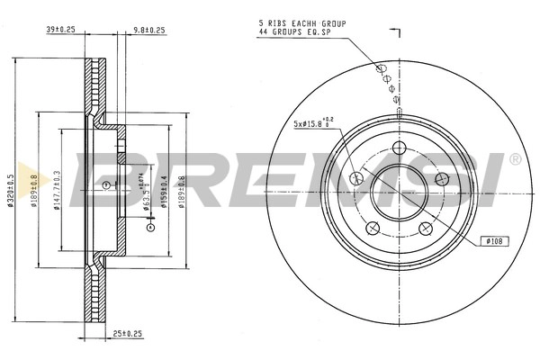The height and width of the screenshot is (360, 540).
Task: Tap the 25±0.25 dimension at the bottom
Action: pos(129,334)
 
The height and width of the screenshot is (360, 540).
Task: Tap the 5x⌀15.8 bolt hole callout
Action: pos(310,123)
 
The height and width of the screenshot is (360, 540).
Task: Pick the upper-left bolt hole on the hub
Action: pos(356,178)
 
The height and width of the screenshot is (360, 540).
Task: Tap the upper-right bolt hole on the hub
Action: pos(441,178)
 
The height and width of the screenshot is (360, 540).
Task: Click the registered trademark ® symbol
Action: pos(515,159)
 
